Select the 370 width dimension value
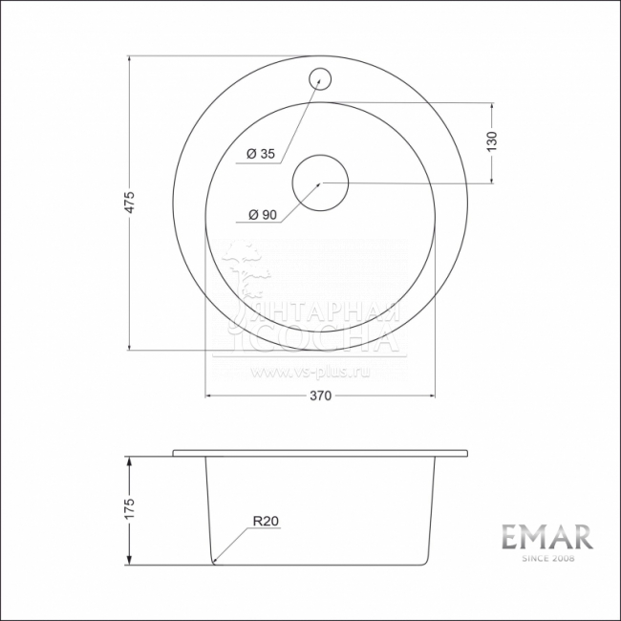pyautogui.click(x=320, y=397)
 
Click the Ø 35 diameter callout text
pyautogui.click(x=260, y=154)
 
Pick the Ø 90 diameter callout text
pyautogui.click(x=261, y=215)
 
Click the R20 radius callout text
pyautogui.click(x=265, y=522)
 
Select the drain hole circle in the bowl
pyautogui.click(x=321, y=181)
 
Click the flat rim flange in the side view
pyautogui.click(x=321, y=451)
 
